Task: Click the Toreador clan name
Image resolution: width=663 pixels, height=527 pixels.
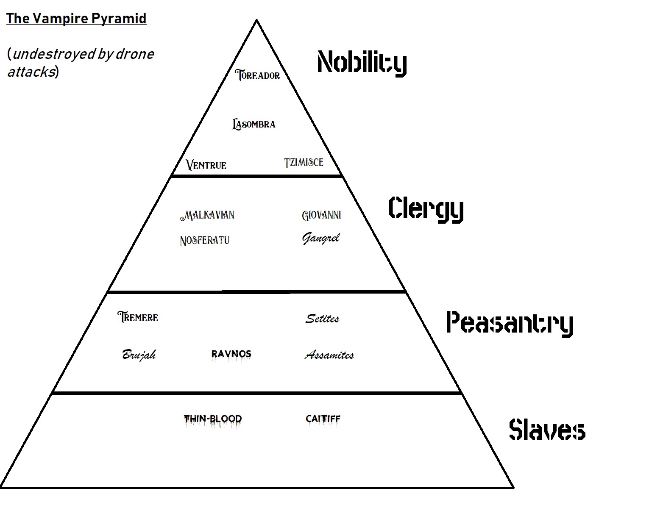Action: coord(258,75)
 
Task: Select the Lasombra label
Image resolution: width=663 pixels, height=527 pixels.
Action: coord(254,124)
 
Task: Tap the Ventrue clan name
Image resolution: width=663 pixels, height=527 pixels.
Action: coord(206,165)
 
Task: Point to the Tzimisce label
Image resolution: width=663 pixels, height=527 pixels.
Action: coord(304,162)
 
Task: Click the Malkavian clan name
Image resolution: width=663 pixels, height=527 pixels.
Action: coord(207,215)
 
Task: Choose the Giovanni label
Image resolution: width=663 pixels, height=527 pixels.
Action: coord(321,215)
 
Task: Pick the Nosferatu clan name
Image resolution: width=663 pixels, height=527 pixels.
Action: coord(205,241)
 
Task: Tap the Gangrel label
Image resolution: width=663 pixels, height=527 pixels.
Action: coord(321,239)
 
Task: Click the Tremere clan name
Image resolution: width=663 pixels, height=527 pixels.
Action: coord(138,317)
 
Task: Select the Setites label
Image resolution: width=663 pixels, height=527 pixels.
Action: coord(322,319)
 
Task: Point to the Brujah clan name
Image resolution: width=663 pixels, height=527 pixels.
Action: coord(139,355)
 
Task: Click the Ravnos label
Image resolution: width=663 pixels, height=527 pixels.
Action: coord(231,354)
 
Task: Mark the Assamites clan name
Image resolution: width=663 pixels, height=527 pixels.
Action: coord(329,355)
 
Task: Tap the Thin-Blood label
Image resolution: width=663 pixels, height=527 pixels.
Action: coord(213,419)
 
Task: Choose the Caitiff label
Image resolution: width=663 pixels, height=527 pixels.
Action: coord(323,419)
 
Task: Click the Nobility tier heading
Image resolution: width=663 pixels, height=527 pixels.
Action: coord(362,63)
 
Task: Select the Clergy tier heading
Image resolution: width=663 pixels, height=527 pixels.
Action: coord(426,208)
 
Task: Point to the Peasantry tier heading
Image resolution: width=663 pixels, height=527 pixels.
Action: coord(510,323)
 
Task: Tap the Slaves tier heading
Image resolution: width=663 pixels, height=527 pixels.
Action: coord(547,430)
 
